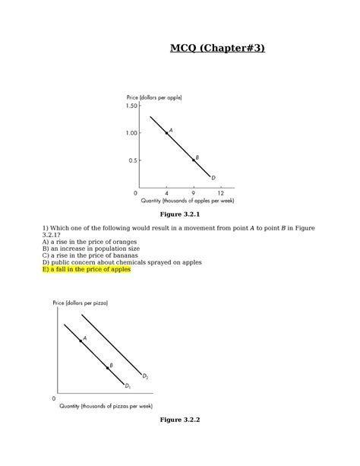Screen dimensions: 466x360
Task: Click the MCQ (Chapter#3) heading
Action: (218, 49)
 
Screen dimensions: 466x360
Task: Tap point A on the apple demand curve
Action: (167, 133)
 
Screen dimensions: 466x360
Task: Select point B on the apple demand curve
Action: (193, 160)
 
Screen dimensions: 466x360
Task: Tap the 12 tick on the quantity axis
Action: (220, 193)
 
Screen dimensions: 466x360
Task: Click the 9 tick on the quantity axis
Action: (193, 193)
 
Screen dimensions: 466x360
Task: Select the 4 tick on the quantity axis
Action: (166, 193)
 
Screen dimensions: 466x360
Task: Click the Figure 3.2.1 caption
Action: (180, 215)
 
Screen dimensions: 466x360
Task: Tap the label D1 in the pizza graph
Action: (128, 387)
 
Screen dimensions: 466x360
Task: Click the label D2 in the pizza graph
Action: (145, 375)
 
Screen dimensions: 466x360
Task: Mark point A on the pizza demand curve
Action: (81, 341)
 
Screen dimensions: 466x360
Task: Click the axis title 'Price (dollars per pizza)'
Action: (81, 303)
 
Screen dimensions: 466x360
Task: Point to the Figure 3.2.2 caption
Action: (180, 420)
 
